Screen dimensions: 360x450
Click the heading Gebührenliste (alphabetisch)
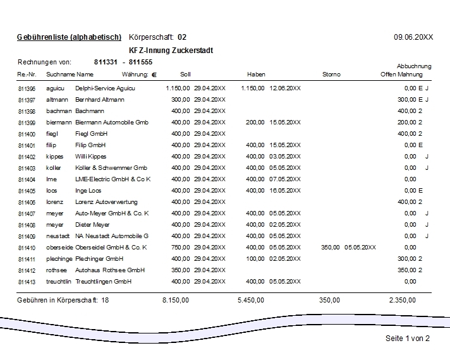[70, 37]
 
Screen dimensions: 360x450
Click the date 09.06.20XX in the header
[413, 37]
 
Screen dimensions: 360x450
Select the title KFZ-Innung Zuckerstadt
[171, 51]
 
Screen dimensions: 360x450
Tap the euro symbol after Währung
[154, 75]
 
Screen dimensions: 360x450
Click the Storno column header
[331, 75]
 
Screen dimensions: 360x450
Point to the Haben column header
[256, 75]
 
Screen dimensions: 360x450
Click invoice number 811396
[27, 88]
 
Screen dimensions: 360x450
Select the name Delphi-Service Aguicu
[105, 88]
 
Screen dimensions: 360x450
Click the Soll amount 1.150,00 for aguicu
[178, 88]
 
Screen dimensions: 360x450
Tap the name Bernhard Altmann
[100, 100]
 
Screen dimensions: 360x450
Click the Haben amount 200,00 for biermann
[255, 123]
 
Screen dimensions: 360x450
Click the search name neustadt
[58, 236]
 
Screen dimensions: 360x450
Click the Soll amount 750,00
[181, 248]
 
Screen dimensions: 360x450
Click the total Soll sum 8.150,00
[176, 301]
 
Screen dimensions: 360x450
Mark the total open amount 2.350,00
[403, 301]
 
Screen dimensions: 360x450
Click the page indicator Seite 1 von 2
[408, 339]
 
